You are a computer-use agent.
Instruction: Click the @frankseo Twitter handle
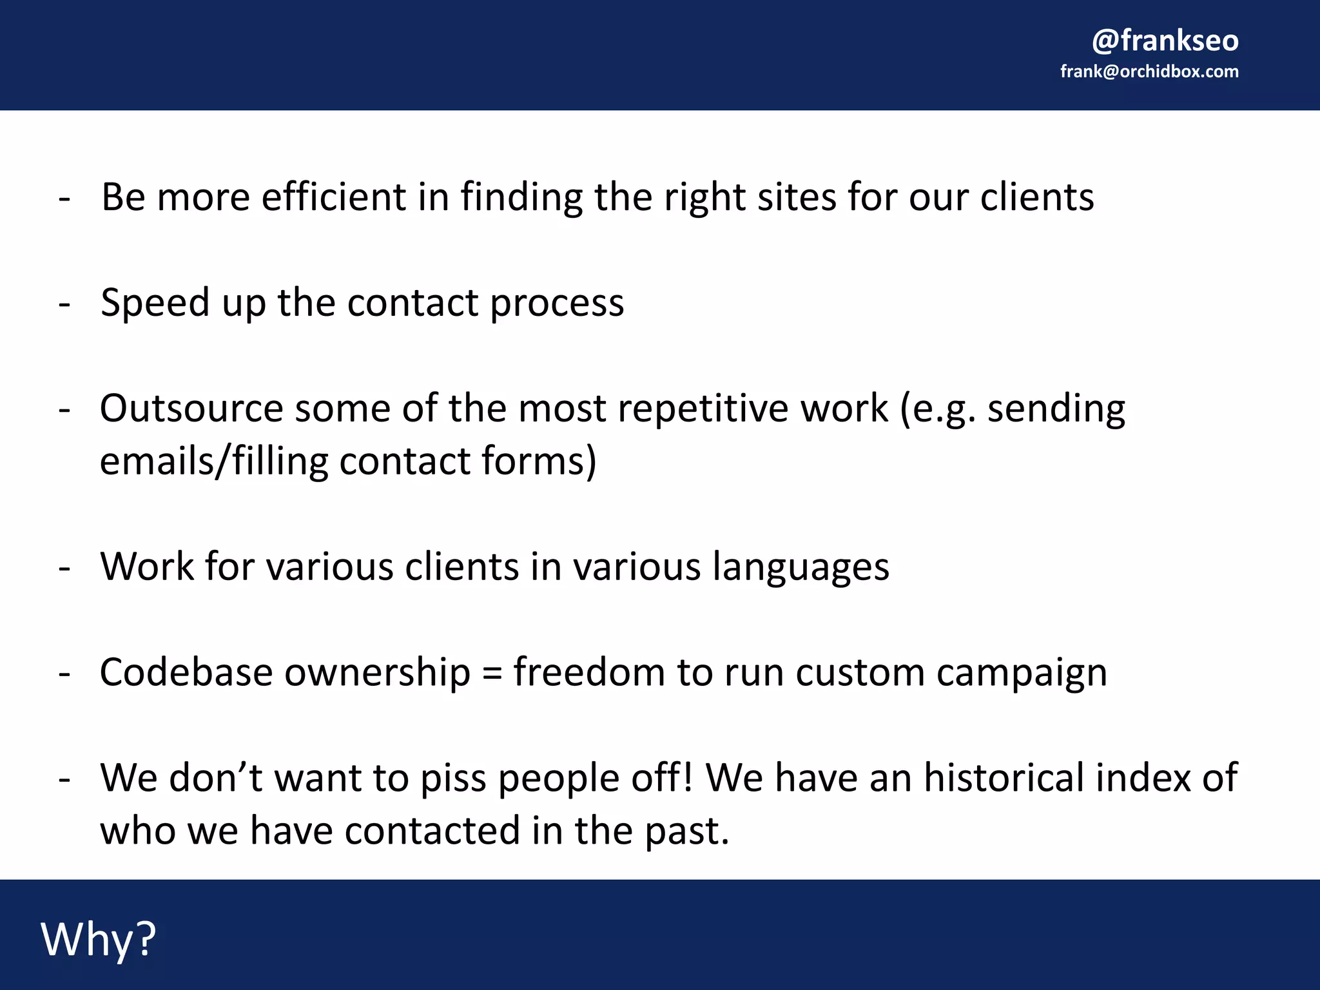(1165, 40)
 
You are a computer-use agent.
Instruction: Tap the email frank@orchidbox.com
(1149, 72)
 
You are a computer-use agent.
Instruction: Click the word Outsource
(191, 409)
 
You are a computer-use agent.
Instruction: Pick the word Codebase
(186, 673)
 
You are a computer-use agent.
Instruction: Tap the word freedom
(589, 673)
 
